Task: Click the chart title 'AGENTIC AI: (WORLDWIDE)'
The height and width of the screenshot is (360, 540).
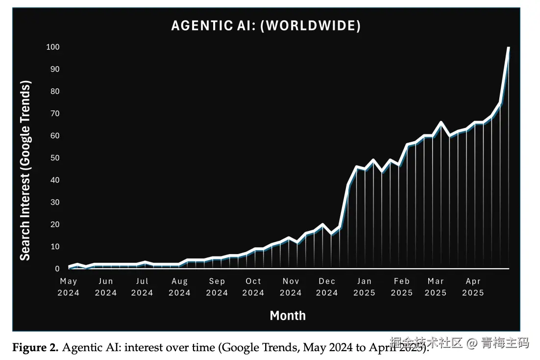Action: [266, 26]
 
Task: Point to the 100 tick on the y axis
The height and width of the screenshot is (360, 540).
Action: [53, 47]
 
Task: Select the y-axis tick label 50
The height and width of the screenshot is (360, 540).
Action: [54, 158]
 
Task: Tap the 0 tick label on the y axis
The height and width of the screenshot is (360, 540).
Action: [57, 269]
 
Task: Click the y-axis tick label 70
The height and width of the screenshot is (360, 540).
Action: [54, 114]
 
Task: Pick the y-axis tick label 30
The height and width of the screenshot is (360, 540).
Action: [54, 202]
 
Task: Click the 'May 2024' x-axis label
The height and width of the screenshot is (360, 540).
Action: [69, 287]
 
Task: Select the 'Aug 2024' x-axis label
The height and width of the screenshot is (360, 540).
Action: [180, 287]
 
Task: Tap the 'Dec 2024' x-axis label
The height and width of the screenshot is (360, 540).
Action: [327, 287]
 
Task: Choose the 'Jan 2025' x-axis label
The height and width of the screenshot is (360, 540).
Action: [364, 287]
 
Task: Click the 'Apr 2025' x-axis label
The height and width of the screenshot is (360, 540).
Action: [473, 287]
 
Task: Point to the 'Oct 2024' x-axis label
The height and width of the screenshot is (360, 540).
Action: [253, 287]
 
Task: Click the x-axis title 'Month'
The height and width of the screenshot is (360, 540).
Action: [288, 315]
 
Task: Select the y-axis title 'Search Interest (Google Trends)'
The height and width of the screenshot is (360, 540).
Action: [25, 170]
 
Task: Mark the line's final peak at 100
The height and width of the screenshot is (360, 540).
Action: [509, 48]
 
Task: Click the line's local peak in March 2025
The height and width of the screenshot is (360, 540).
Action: [441, 123]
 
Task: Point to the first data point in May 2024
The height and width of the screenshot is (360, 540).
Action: [69, 267]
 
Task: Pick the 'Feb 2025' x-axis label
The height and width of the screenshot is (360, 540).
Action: [401, 287]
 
